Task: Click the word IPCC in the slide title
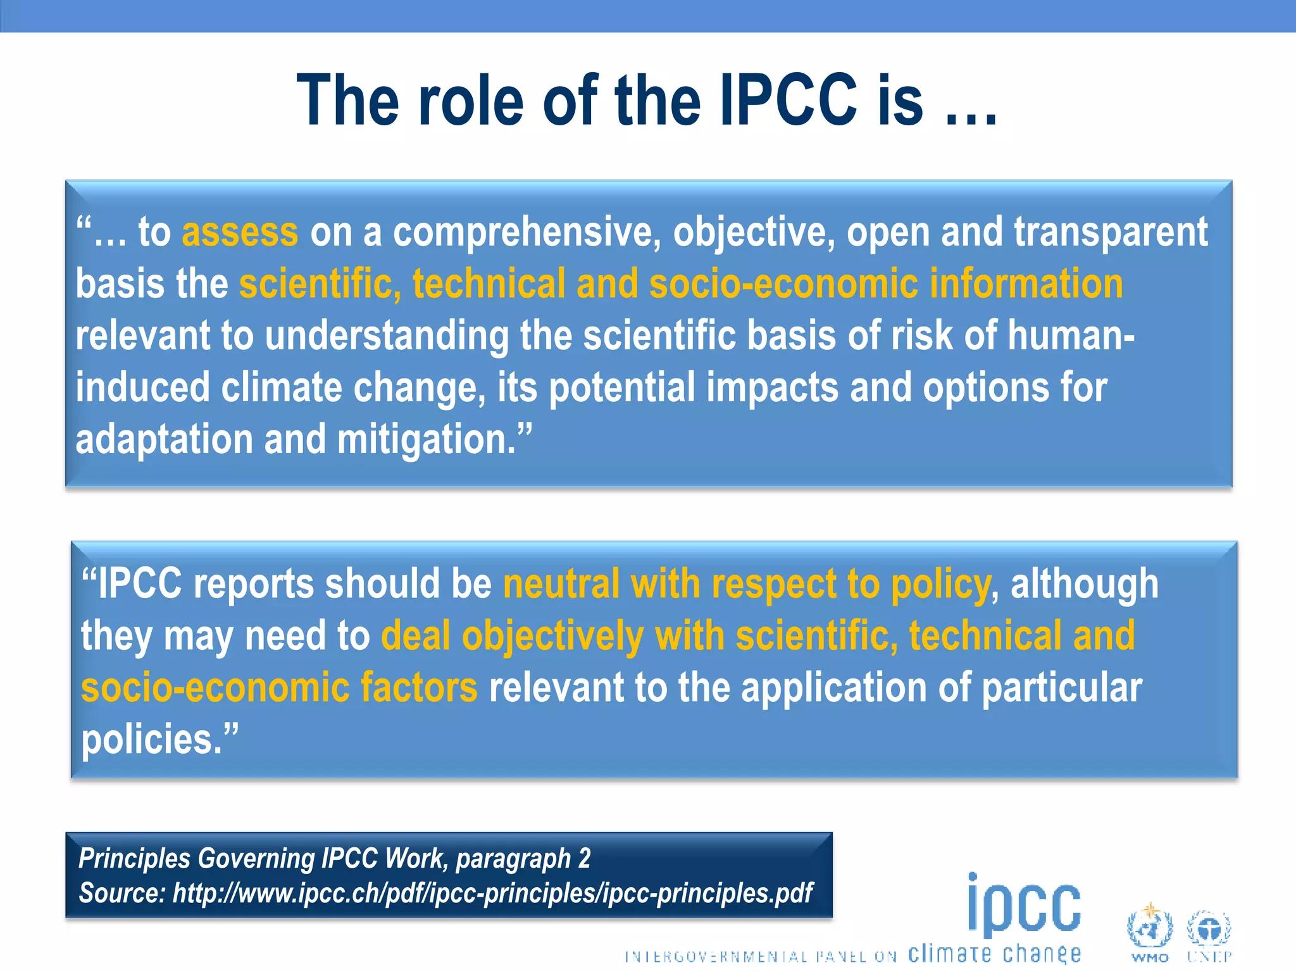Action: coord(788,100)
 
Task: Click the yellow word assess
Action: coord(240,232)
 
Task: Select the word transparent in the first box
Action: coord(1111,232)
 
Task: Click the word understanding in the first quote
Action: coord(387,335)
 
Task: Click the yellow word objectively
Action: coord(552,636)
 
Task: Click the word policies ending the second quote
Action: coord(152,740)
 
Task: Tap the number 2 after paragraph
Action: coord(584,859)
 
